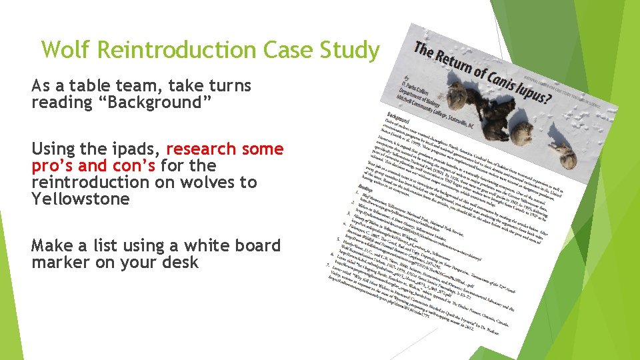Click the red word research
(203, 148)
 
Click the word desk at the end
(181, 262)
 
